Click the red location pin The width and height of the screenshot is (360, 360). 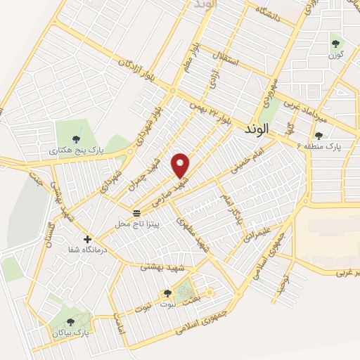[x=181, y=165]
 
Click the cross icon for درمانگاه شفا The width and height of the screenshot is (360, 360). [x=88, y=239]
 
